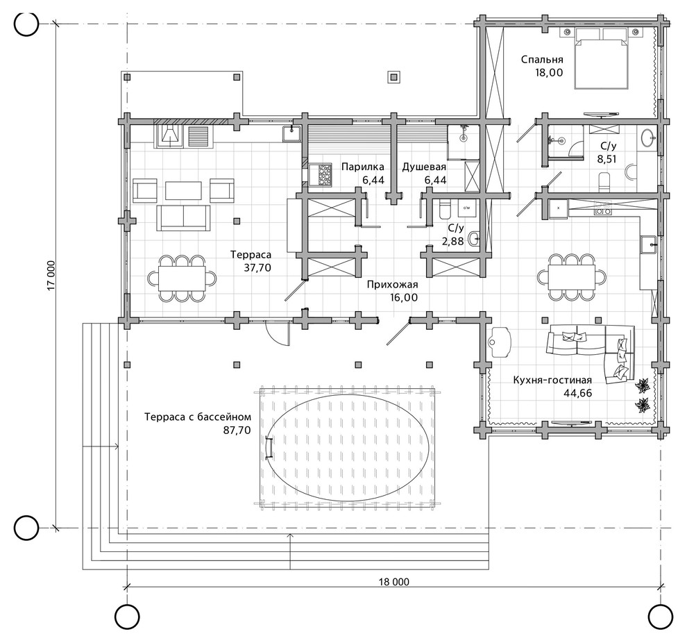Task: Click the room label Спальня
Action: (x=542, y=60)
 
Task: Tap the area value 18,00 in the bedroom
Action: (x=548, y=73)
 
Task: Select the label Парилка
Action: (x=363, y=167)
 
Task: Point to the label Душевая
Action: (x=424, y=167)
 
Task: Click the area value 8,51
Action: (x=607, y=159)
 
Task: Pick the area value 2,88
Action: (x=452, y=241)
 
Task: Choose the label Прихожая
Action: (x=393, y=285)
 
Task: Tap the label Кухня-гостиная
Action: (x=552, y=380)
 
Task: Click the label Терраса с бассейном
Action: (x=198, y=417)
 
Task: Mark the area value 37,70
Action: (x=257, y=268)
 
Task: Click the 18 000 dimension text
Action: (x=394, y=582)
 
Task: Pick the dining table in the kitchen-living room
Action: (x=572, y=277)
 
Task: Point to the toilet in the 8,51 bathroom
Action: (x=604, y=183)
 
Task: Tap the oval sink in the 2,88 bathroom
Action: (x=474, y=240)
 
